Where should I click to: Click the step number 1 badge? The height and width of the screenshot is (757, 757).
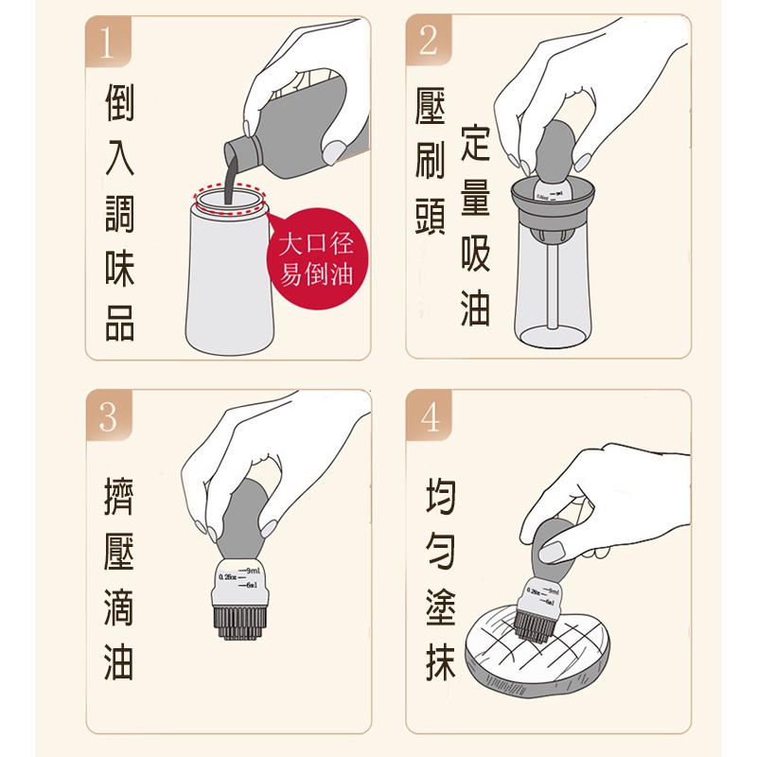point(109,42)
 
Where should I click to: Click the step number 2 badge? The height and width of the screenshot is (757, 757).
point(429,42)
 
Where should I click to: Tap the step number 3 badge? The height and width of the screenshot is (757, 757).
point(109,415)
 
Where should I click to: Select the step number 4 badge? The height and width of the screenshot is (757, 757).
point(429,415)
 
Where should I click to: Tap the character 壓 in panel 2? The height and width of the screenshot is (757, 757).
point(431,113)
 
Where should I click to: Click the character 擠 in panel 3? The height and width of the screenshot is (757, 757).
point(119,499)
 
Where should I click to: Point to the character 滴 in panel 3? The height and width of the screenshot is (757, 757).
point(119,608)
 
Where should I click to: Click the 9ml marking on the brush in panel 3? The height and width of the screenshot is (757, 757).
point(254,572)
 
